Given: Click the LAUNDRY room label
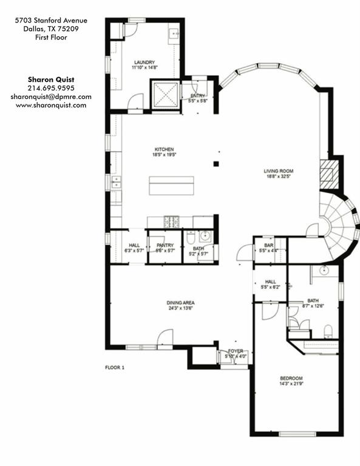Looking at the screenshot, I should (x=144, y=62).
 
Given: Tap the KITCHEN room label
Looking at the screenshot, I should (x=164, y=149).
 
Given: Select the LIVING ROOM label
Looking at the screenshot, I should (x=278, y=171).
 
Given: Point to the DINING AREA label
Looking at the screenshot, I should (x=181, y=302).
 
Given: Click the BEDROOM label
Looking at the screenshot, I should (x=291, y=378).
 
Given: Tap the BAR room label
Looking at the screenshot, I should (x=269, y=245).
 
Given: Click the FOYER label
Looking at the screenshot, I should (x=235, y=351).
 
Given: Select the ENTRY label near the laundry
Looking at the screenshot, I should (x=197, y=95).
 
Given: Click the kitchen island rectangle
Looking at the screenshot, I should (x=171, y=186).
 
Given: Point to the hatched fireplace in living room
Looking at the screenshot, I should (x=327, y=175).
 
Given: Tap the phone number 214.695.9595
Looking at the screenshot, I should (x=51, y=88).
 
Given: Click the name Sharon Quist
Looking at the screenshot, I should (x=51, y=79).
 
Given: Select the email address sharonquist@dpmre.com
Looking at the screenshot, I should (x=51, y=96).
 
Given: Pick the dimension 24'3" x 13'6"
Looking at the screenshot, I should (x=181, y=308).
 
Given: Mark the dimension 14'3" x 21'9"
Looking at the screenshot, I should (x=291, y=384).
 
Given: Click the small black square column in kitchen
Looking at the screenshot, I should (x=216, y=163).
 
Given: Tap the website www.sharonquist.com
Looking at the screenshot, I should (x=51, y=105).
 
